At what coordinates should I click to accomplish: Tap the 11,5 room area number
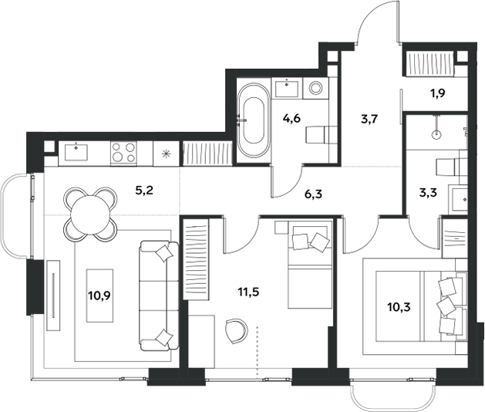pos(248,292)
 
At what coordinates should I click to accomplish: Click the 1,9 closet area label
pos(436,96)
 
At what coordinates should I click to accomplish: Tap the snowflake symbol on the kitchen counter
pos(166,151)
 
